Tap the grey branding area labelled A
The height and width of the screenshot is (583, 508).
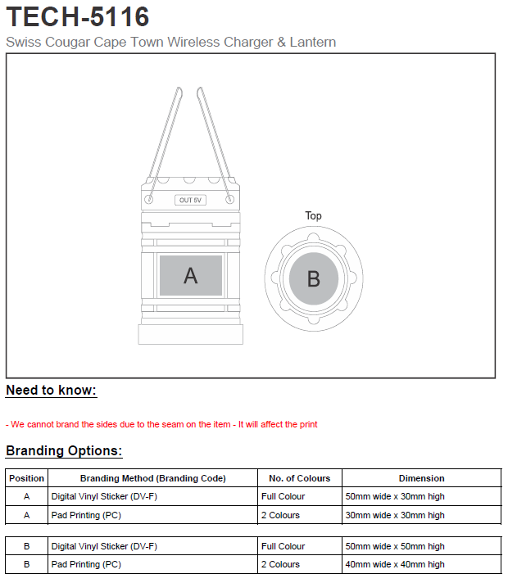pos(191,276)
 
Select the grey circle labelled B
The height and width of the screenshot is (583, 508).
pos(313,278)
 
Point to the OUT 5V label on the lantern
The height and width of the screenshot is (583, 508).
pos(191,201)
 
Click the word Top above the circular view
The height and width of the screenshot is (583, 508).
pos(313,216)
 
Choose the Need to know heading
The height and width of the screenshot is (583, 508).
pos(51,391)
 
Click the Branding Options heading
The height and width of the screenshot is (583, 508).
pos(64,451)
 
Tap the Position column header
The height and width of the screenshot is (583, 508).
pos(27,478)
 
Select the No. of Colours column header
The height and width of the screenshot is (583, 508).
pos(299,478)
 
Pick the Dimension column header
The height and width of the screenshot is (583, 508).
pos(421,478)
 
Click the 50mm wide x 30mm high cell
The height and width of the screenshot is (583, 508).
pos(395,496)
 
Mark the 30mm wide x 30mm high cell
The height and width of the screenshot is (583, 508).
pos(395,515)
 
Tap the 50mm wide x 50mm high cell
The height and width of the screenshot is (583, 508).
pos(395,546)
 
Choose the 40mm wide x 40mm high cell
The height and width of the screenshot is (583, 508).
pos(395,564)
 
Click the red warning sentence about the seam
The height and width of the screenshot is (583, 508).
pos(161,424)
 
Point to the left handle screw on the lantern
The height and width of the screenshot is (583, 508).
pos(149,199)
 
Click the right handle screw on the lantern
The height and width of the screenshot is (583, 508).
pos(231,199)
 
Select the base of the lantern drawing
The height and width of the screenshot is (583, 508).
pos(191,335)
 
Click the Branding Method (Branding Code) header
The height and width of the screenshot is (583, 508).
pos(152,478)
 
